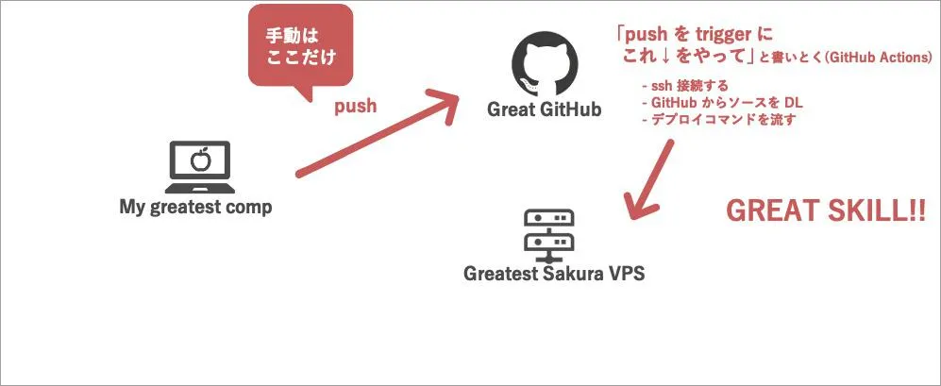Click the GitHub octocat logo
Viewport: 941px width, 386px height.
[544, 64]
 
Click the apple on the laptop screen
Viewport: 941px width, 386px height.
[199, 159]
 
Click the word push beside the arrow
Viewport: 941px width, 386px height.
[356, 106]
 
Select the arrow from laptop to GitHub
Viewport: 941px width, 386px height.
[378, 132]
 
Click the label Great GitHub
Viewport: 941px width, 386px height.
[544, 109]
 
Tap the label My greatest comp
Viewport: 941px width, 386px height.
[195, 207]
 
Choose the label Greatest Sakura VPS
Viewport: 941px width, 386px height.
[547, 275]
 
